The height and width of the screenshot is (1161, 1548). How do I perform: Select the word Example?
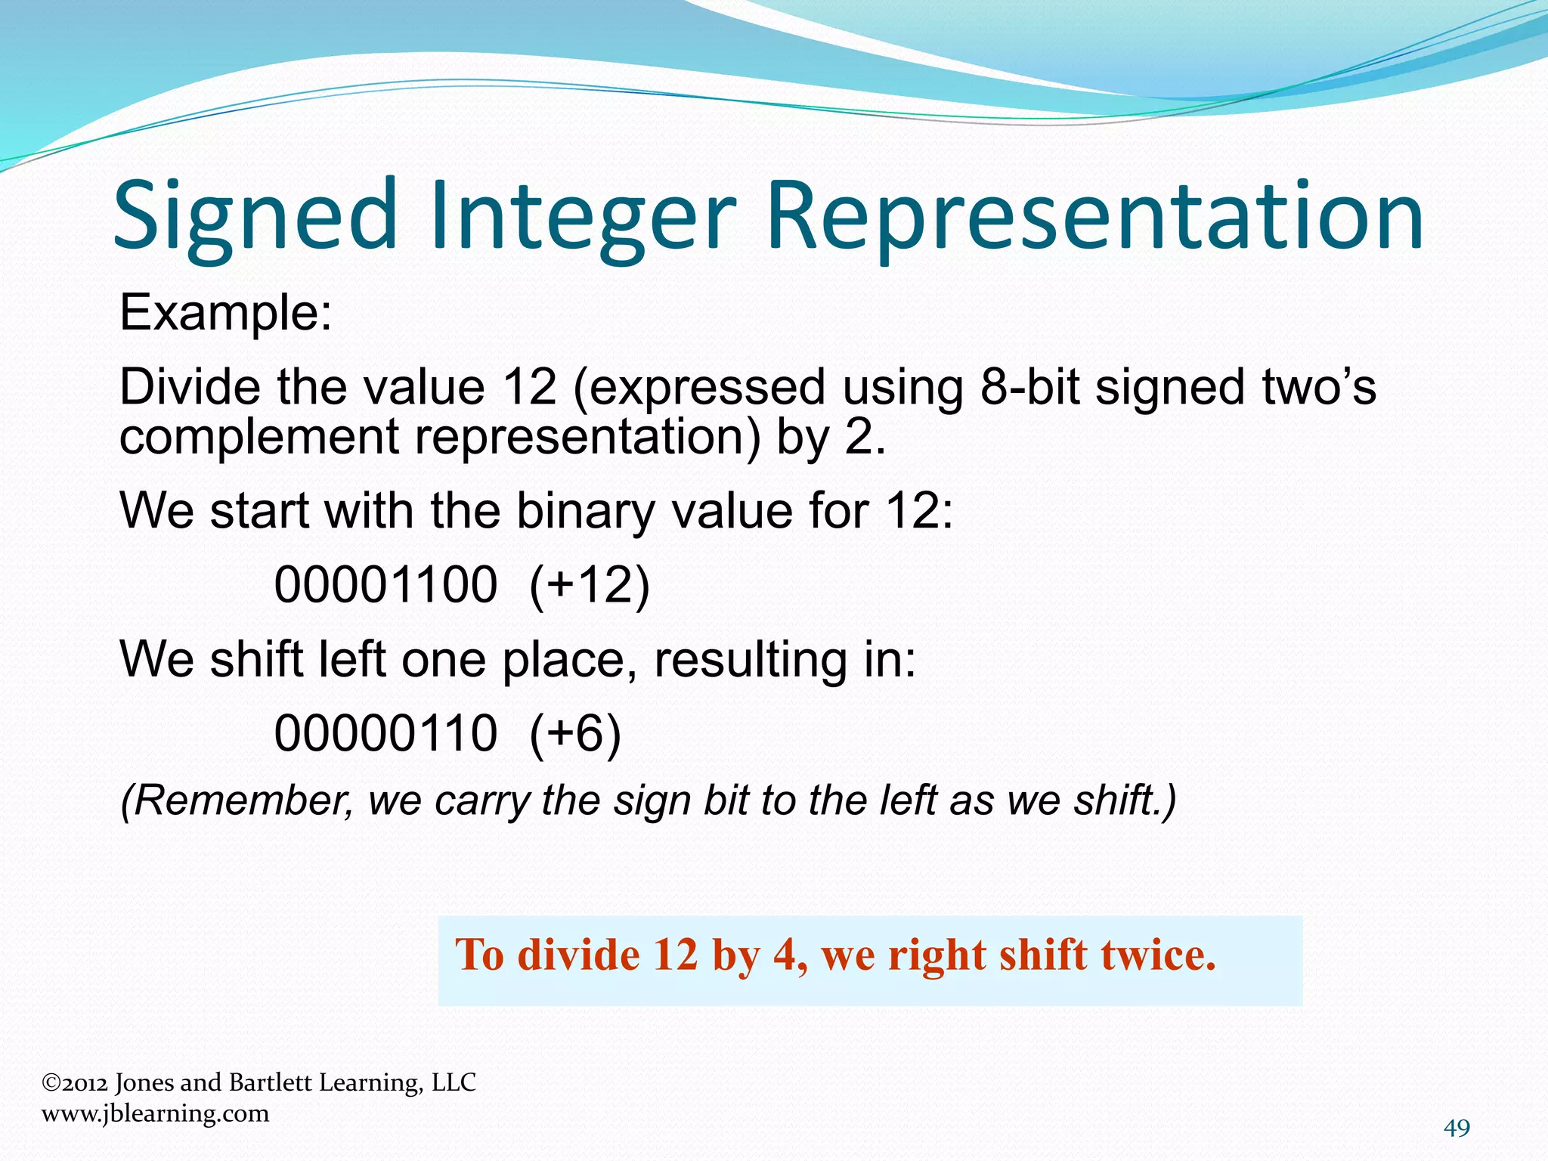click(x=226, y=312)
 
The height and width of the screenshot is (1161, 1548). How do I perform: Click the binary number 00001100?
click(x=385, y=584)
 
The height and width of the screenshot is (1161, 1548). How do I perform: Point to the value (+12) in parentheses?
click(x=589, y=584)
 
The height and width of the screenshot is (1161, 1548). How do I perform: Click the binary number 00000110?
click(x=385, y=732)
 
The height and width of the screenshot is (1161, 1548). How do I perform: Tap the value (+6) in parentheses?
click(x=574, y=732)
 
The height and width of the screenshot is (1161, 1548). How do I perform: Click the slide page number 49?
click(x=1457, y=1128)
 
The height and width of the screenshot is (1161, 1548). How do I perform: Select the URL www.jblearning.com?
click(x=155, y=1113)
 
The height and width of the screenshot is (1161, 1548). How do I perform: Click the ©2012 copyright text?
click(x=74, y=1082)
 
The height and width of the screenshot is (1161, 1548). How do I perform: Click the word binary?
click(x=585, y=510)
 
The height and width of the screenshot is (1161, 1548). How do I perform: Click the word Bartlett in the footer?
click(x=271, y=1082)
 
